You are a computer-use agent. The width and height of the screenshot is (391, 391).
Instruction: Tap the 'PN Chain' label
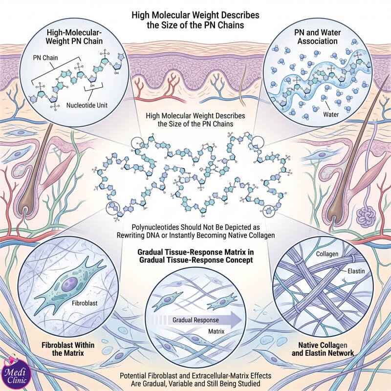45,58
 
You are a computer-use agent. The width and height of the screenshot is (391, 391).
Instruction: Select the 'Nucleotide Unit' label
87,105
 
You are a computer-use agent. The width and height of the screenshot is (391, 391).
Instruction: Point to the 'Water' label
331,114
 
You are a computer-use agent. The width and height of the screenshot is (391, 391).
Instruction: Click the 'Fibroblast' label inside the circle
85,303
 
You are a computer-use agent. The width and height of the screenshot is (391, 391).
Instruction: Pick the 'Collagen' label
327,254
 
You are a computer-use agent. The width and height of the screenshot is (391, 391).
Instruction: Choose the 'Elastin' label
356,271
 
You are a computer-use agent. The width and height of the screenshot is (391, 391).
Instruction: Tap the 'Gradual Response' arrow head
236,320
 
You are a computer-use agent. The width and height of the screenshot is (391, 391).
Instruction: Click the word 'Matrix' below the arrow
216,331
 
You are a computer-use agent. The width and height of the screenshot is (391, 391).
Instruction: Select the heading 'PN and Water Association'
317,37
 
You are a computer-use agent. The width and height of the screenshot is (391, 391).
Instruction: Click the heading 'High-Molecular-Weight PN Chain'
74,37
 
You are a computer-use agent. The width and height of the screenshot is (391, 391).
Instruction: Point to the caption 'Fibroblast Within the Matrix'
68,349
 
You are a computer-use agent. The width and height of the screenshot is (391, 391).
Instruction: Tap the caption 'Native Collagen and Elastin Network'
323,349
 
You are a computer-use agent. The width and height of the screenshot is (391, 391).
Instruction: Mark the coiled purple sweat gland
366,216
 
